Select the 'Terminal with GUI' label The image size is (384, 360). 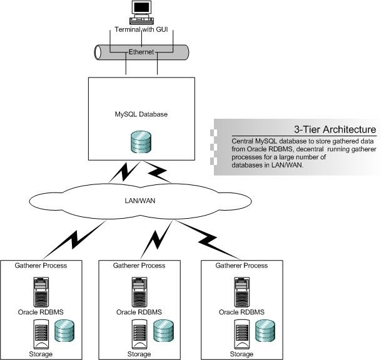click(x=142, y=30)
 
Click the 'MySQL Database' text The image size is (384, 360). click(x=142, y=114)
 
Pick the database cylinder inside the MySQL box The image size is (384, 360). click(x=142, y=142)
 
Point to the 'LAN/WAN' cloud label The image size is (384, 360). click(x=141, y=201)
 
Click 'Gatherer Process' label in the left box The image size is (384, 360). click(x=41, y=266)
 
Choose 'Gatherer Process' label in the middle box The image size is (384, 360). click(x=141, y=266)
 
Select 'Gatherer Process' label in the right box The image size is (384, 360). click(x=241, y=266)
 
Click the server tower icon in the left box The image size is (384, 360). click(x=41, y=290)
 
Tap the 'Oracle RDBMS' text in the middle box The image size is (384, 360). click(x=141, y=312)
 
